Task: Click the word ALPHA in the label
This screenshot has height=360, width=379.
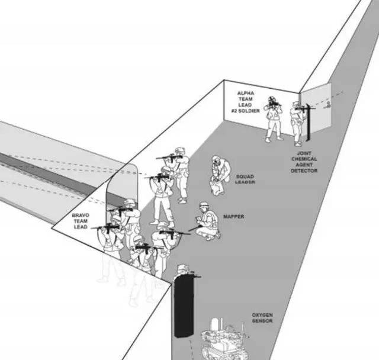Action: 245,94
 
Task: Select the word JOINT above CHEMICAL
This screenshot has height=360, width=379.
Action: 304,153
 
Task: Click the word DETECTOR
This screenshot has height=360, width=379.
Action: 304,171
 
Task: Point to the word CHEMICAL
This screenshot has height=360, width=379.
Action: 304,159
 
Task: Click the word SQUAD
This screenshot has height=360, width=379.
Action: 245,176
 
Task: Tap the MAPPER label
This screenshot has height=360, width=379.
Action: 234,217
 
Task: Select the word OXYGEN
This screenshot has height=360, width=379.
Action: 263,316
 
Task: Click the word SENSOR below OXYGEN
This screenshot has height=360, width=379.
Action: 263,322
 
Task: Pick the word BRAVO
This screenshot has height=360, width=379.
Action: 81,215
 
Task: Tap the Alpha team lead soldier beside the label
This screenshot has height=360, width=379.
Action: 273,118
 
